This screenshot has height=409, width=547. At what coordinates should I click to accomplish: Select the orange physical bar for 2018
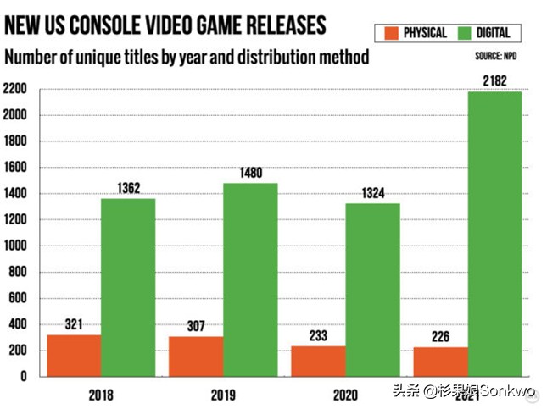74,355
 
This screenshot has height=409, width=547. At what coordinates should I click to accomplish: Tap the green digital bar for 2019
250,279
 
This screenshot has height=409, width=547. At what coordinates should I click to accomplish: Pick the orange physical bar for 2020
318,361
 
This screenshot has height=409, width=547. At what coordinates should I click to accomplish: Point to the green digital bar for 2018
128,287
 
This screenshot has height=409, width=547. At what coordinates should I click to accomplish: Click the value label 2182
494,80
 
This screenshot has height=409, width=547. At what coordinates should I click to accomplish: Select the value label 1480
250,173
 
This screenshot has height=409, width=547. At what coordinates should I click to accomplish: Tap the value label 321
74,324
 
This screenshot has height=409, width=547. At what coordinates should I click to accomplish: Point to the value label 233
318,335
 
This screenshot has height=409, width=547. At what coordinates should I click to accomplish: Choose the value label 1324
372,193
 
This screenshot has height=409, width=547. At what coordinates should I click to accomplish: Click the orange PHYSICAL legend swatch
391,33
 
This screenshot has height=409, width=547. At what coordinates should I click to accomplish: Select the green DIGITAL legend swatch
464,33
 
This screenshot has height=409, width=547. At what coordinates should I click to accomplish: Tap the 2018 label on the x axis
100,394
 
